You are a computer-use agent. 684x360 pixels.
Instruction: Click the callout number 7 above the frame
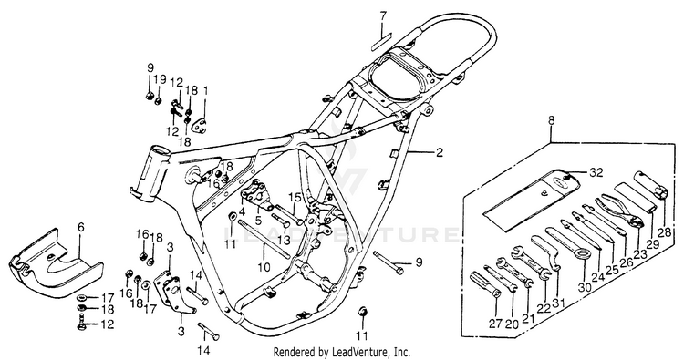click(x=382, y=16)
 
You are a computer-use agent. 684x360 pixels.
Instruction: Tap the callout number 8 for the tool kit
click(x=552, y=120)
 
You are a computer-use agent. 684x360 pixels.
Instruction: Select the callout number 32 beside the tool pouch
click(x=596, y=172)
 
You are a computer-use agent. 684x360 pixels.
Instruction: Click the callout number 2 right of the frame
click(x=439, y=152)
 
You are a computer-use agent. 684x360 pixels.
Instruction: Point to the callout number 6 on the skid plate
click(x=81, y=228)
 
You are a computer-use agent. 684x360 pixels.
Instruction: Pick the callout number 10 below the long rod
click(x=264, y=266)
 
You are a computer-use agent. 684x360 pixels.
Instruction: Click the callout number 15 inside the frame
click(x=295, y=198)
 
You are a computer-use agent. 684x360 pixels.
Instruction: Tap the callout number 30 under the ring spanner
click(x=585, y=287)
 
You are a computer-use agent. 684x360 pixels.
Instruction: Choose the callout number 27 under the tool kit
click(x=496, y=324)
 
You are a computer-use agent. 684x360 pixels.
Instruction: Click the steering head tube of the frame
click(x=152, y=174)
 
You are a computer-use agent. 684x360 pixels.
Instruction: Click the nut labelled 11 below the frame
click(x=363, y=312)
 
